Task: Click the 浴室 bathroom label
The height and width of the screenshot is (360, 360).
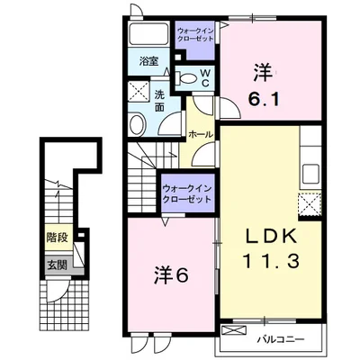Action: click(148, 61)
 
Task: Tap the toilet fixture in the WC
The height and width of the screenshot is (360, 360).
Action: click(184, 78)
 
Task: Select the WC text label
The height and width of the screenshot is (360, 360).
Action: click(205, 77)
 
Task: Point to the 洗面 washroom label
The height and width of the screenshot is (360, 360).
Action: click(159, 101)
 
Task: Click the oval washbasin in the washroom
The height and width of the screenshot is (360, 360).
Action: click(138, 123)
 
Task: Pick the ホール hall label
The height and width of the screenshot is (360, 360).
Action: click(201, 135)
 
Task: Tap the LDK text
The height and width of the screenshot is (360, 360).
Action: click(271, 237)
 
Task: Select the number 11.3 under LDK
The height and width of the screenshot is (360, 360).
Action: click(271, 261)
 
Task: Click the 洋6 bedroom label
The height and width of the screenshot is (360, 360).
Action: click(171, 274)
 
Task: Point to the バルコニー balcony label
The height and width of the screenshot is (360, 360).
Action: click(281, 339)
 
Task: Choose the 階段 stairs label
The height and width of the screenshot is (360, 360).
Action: click(57, 238)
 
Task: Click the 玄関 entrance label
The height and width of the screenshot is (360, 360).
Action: click(57, 265)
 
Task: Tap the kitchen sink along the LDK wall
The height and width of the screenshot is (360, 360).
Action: click(310, 175)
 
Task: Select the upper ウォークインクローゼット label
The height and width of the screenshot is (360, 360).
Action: click(195, 34)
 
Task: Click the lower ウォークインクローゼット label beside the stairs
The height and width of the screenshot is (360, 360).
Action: click(187, 193)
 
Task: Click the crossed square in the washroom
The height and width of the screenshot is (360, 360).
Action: click(139, 92)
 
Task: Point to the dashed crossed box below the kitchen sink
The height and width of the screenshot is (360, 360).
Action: click(310, 204)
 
